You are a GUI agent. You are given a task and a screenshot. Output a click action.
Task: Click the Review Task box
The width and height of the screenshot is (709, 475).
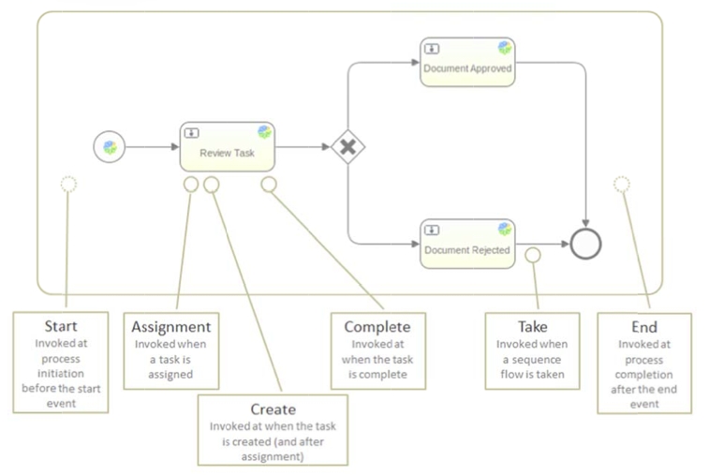click(x=226, y=147)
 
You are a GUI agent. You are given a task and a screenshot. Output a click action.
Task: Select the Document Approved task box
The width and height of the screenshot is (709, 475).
click(x=467, y=63)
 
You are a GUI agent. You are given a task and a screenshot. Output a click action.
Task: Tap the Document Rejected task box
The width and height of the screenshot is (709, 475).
click(x=467, y=244)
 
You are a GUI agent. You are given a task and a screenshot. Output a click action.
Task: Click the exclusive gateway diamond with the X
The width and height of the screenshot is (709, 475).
click(x=347, y=147)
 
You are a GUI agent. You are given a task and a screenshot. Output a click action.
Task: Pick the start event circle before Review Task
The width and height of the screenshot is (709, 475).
click(x=110, y=147)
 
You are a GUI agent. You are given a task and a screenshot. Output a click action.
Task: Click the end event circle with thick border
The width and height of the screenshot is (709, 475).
click(x=585, y=244)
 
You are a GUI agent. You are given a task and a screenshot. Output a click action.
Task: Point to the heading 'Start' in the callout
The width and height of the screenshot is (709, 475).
click(x=61, y=327)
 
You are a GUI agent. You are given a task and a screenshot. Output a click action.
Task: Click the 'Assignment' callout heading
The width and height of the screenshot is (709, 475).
click(x=170, y=327)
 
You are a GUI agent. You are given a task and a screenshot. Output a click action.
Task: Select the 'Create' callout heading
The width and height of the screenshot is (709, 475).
click(x=273, y=409)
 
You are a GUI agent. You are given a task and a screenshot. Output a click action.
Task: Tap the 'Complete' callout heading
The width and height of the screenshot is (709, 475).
click(x=377, y=327)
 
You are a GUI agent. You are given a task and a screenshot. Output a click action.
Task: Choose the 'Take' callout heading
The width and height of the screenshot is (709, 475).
click(x=532, y=327)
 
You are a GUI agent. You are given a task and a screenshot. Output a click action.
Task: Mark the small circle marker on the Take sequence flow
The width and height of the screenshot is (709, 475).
click(x=533, y=255)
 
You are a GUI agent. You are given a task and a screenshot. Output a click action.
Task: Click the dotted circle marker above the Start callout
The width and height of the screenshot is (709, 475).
click(x=68, y=184)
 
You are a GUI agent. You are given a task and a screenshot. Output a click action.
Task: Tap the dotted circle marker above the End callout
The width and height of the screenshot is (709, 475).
click(x=621, y=184)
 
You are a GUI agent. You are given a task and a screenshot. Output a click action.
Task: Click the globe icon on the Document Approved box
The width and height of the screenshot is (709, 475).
click(x=505, y=48)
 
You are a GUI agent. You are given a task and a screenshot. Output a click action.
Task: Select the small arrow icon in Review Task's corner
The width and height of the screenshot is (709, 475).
click(x=191, y=133)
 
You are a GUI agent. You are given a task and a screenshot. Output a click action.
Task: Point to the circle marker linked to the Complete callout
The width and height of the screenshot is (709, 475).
click(x=269, y=185)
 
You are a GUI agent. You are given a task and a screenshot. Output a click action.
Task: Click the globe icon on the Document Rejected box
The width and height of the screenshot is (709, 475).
click(x=505, y=229)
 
